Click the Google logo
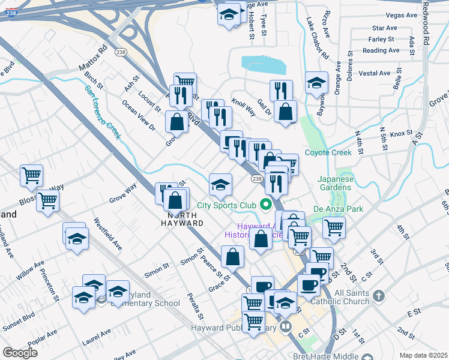point(20,353)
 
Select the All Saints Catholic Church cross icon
point(379,296)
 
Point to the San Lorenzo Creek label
point(103,112)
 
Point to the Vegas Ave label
point(403,15)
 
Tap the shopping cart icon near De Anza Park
point(334,227)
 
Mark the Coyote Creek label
point(327,152)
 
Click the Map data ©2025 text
point(423,355)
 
